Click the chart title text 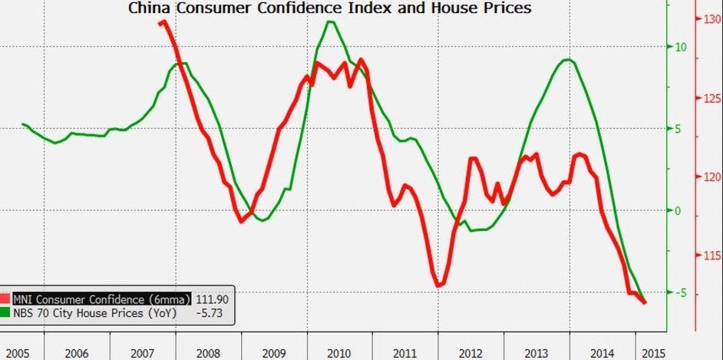click(x=329, y=8)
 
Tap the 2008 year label click(x=209, y=353)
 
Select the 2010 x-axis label click(x=338, y=353)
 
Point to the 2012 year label click(x=470, y=353)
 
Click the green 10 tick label click(x=680, y=47)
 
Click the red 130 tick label click(x=712, y=21)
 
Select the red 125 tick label click(x=712, y=98)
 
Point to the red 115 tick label click(x=712, y=256)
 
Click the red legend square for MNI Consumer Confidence click(x=5, y=299)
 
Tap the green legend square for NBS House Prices click(x=5, y=313)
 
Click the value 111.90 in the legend click(x=212, y=299)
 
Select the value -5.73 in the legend click(x=210, y=313)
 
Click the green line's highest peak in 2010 click(x=330, y=21)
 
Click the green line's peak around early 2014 click(x=568, y=60)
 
